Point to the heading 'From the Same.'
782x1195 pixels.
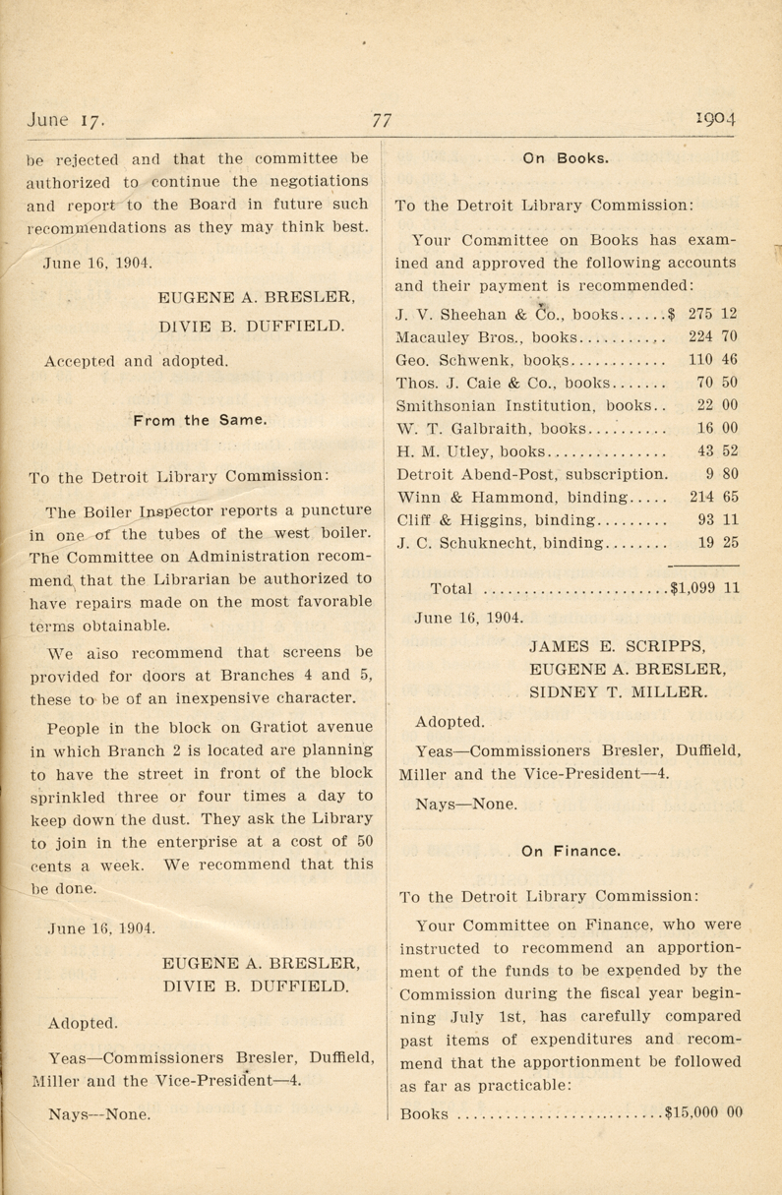click(200, 420)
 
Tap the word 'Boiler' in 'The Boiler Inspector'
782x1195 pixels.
click(106, 511)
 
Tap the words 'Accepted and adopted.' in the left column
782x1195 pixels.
click(136, 360)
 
